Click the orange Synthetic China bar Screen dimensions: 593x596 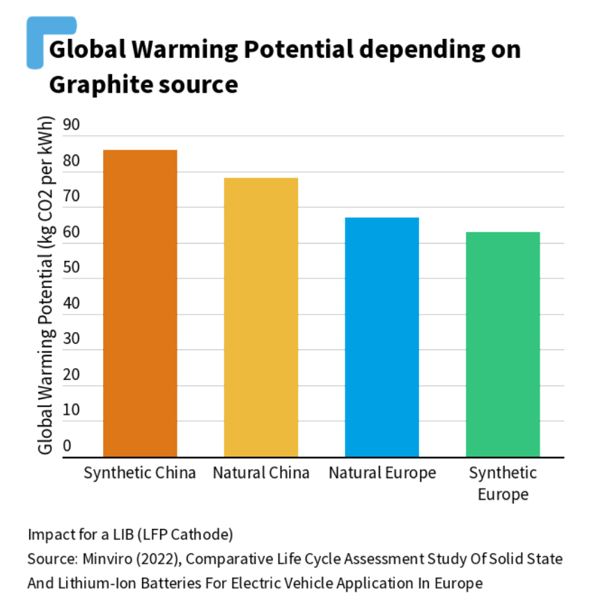pyautogui.click(x=140, y=303)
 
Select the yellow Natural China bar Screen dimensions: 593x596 pyautogui.click(x=260, y=317)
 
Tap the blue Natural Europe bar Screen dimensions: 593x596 pyautogui.click(x=382, y=337)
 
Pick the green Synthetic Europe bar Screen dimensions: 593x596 pyautogui.click(x=503, y=345)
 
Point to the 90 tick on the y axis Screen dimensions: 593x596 pyautogui.click(x=72, y=125)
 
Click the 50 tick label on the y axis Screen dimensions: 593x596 pyautogui.click(x=72, y=268)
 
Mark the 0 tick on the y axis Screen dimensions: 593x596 pyautogui.click(x=68, y=446)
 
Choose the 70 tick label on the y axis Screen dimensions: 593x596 pyautogui.click(x=72, y=197)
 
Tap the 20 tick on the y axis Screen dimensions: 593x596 pyautogui.click(x=72, y=375)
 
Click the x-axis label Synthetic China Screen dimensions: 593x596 pyautogui.click(x=140, y=473)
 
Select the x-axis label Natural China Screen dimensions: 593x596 pyautogui.click(x=260, y=473)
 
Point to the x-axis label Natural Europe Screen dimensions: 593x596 pyautogui.click(x=382, y=473)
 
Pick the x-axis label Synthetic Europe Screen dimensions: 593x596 pyautogui.click(x=503, y=484)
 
